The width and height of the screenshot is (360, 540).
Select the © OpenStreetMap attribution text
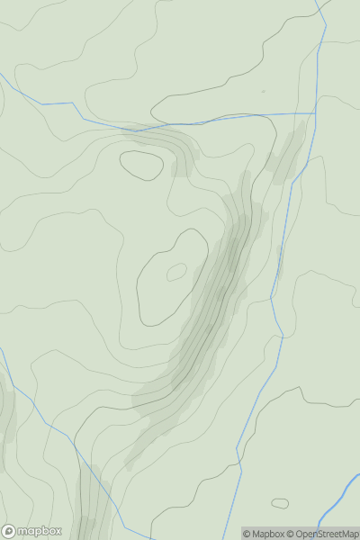click(324, 534)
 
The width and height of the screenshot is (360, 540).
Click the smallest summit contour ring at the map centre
click(176, 271)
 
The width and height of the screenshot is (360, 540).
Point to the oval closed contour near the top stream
click(142, 165)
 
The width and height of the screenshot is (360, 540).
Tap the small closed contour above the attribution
click(280, 503)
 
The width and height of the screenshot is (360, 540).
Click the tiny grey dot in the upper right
click(264, 91)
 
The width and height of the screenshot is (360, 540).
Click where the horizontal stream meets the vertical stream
click(315, 113)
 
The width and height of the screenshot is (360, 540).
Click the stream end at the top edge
click(318, 2)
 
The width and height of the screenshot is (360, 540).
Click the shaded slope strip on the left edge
click(5, 423)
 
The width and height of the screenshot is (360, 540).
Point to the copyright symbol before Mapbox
click(247, 534)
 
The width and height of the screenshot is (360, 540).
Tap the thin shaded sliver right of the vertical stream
click(280, 261)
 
